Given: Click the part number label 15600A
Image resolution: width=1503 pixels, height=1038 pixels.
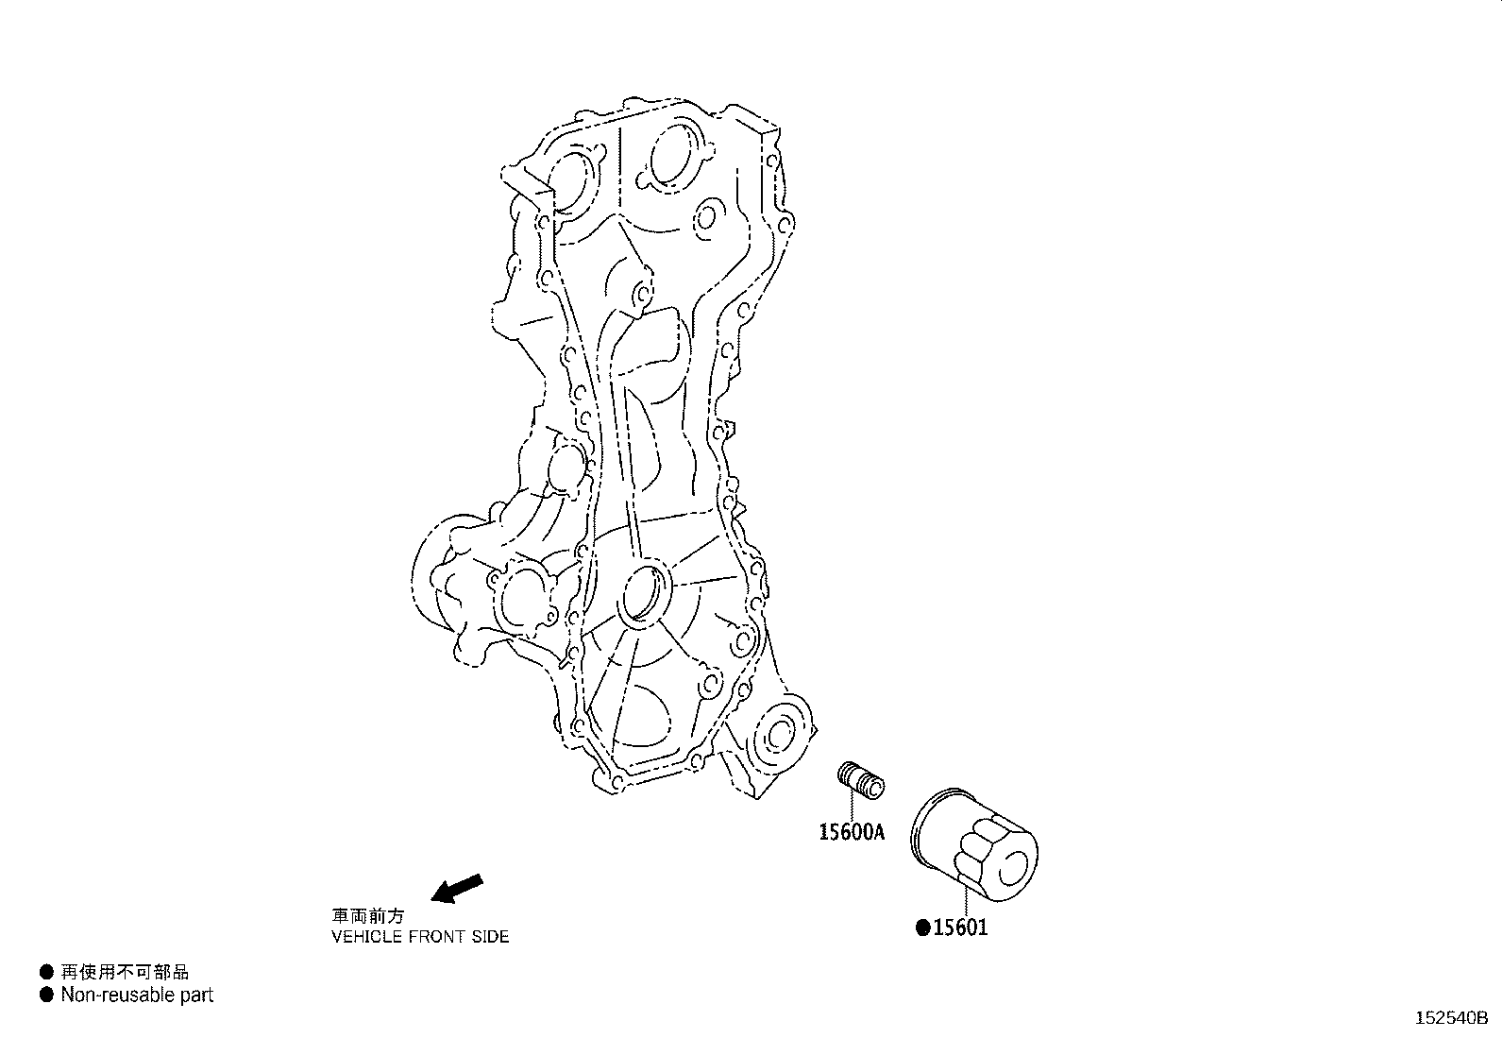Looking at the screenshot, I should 851,832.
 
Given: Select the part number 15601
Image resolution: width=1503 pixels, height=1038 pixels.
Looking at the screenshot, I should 960,927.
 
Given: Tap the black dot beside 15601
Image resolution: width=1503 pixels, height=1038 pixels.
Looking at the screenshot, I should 923,927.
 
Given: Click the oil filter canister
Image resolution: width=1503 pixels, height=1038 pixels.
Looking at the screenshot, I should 972,842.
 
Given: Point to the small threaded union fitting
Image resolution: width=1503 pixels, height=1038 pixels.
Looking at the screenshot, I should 862,780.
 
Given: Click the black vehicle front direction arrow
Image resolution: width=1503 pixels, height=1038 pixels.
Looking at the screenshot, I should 457,888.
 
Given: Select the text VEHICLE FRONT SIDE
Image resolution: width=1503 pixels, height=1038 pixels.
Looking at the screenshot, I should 420,937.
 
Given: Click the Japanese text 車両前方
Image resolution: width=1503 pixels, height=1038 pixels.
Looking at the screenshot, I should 367,916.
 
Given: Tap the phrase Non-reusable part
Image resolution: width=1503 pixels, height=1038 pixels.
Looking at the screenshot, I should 137,995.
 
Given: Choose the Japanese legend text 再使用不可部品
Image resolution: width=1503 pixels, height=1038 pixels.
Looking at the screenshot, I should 125,972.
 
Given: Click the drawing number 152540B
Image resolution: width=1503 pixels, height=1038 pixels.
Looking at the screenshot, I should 1450,1018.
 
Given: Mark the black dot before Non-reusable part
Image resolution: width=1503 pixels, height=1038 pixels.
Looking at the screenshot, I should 45,995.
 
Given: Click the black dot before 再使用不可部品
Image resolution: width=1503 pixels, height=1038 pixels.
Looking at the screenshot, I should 45,972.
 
